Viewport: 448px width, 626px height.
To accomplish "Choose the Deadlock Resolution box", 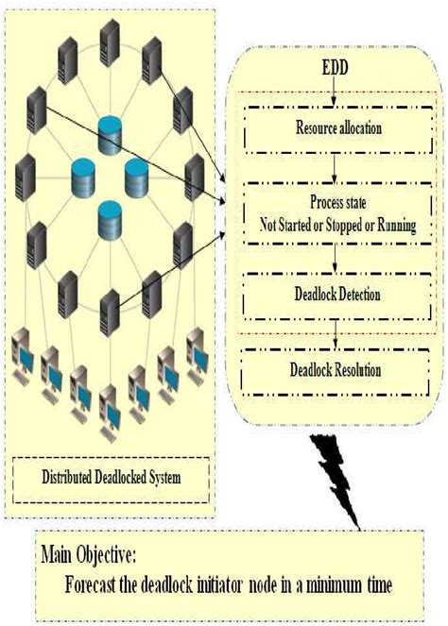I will coord(335,367).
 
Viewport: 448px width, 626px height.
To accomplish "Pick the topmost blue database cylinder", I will coord(112,130).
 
